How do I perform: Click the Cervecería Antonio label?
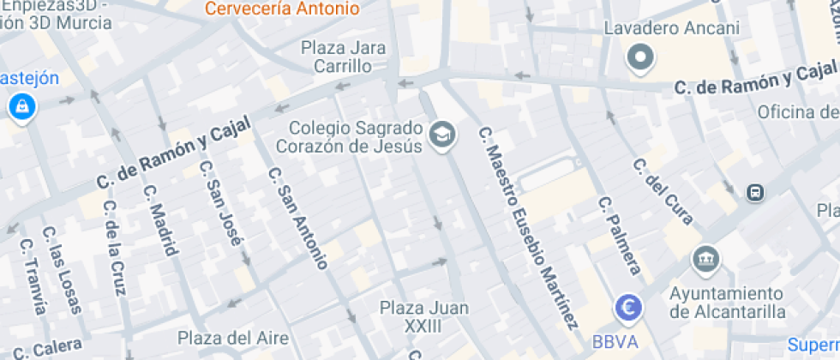pyautogui.click(x=282, y=9)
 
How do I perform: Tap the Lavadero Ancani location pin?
pyautogui.click(x=640, y=57)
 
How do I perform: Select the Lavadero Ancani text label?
pyautogui.click(x=671, y=28)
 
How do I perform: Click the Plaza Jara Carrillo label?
pyautogui.click(x=343, y=57)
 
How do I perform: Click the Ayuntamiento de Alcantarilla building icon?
pyautogui.click(x=705, y=257)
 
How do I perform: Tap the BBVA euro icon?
pyautogui.click(x=628, y=307)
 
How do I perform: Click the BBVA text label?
pyautogui.click(x=615, y=342)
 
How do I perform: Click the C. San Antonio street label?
pyautogui.click(x=297, y=218)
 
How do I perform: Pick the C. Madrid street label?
pyautogui.click(x=160, y=219)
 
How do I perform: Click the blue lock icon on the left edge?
pyautogui.click(x=19, y=107)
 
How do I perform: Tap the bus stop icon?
pyautogui.click(x=755, y=193)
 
